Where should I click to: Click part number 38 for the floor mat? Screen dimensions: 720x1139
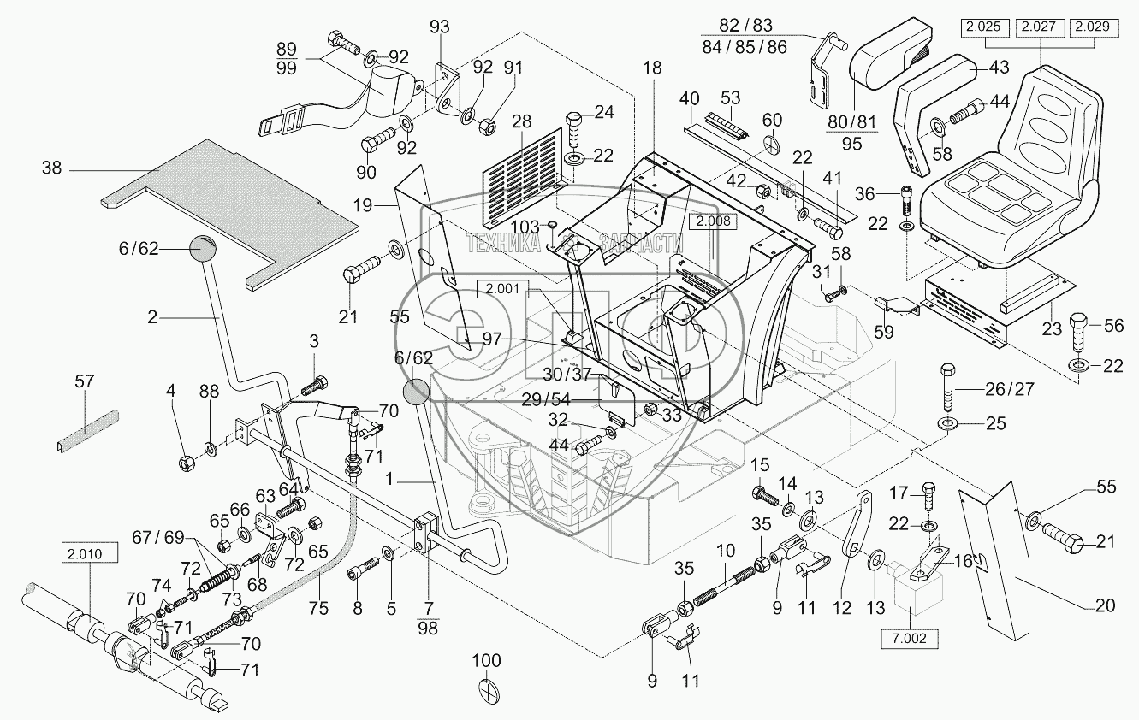pos(52,169)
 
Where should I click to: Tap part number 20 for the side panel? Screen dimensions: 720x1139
pos(1105,605)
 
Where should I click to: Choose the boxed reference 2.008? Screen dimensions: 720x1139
pos(713,221)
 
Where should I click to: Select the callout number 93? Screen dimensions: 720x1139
pos(439,27)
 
